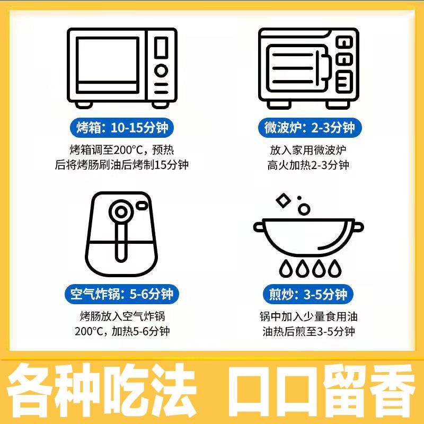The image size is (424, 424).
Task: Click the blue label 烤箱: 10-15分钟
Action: (x=122, y=128)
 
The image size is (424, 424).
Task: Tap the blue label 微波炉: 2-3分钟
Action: (x=310, y=128)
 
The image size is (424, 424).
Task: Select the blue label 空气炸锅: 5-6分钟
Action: (x=122, y=294)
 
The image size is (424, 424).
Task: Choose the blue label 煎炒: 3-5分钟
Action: (x=308, y=294)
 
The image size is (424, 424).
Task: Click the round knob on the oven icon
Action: (x=161, y=70)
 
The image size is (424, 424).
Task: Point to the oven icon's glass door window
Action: (x=108, y=65)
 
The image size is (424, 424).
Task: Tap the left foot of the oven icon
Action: (x=84, y=105)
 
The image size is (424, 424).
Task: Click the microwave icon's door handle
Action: (x=326, y=68)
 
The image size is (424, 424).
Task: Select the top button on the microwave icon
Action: (x=344, y=42)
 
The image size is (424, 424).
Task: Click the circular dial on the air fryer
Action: (x=121, y=211)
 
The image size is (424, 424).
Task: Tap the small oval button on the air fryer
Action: (x=142, y=206)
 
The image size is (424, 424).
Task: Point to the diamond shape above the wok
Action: (x=283, y=201)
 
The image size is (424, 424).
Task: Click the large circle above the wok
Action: (x=304, y=209)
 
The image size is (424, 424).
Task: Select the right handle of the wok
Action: (x=358, y=227)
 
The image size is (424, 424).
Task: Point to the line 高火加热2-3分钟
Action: (x=308, y=165)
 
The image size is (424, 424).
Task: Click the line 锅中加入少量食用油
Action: (x=308, y=316)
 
